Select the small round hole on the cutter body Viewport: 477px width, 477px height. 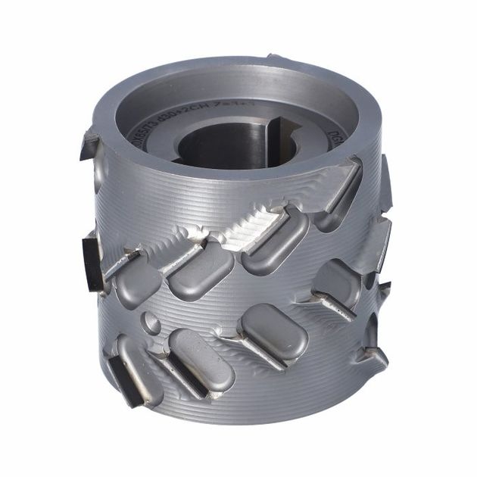coord(151,325)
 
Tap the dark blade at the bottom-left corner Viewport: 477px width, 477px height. coord(122,379)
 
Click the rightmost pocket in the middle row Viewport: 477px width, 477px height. coord(336,284)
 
